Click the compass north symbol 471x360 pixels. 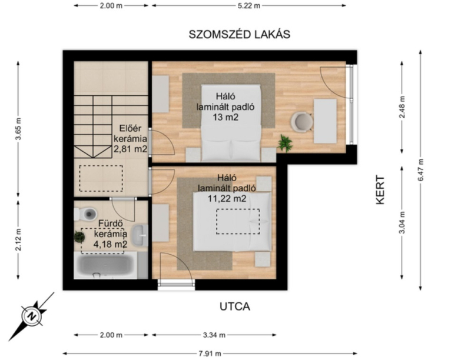point(31,316)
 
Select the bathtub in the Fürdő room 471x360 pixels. point(105,266)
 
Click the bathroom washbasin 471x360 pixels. point(140,236)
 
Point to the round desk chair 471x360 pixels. point(301,122)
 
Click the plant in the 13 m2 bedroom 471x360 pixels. point(284,143)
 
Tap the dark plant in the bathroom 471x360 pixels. point(79,237)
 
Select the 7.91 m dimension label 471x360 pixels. point(210,354)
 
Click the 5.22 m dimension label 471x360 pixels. point(248,6)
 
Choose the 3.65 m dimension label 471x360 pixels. point(18,128)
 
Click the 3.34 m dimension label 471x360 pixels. point(214,335)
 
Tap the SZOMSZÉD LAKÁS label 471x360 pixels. point(240,35)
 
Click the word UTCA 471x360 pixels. point(234,306)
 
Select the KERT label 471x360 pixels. point(380,190)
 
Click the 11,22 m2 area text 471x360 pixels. point(227,199)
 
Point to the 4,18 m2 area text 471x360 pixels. point(110,244)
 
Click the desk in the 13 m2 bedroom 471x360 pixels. point(326,121)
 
